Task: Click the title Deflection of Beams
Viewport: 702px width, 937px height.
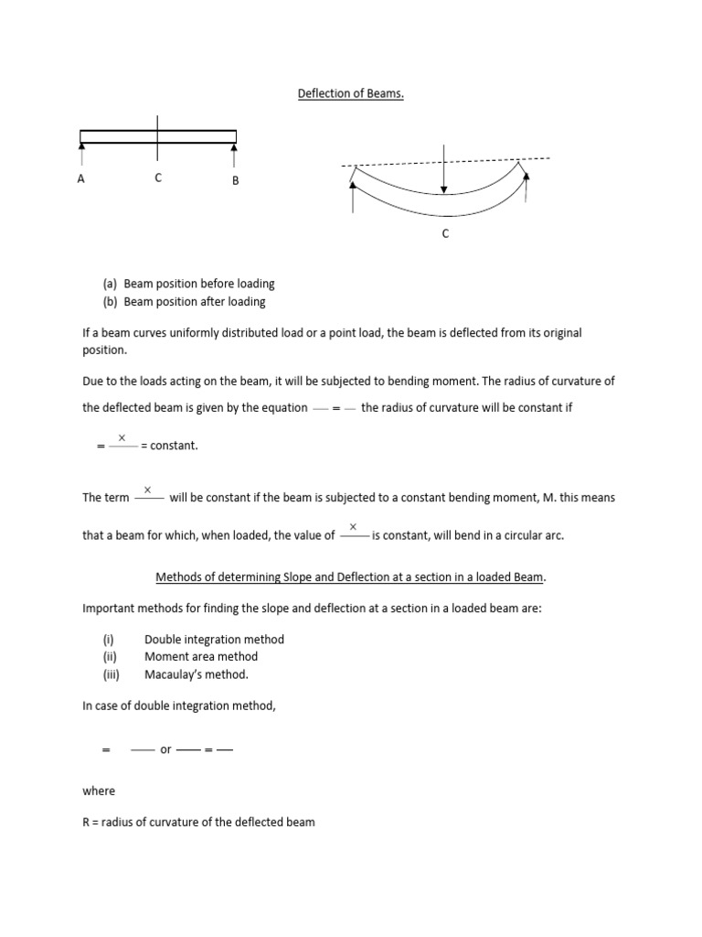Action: click(351, 94)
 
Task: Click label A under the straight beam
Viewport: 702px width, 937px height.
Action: click(81, 179)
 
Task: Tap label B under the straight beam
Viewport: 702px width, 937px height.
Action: click(235, 181)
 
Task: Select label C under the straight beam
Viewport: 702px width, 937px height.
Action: click(158, 178)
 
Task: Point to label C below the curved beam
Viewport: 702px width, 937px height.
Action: click(445, 234)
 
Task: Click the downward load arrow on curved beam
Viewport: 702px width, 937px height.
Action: click(444, 169)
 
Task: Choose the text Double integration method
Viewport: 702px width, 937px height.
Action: click(214, 640)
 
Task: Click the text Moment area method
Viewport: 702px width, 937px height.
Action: click(201, 657)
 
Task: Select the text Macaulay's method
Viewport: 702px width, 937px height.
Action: click(197, 674)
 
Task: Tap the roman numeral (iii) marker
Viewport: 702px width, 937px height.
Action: click(111, 674)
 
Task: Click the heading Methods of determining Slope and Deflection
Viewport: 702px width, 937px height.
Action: click(351, 577)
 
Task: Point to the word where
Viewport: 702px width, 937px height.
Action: click(99, 791)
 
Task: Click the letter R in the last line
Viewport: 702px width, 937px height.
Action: click(86, 822)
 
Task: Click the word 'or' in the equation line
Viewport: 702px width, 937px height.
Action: click(165, 749)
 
